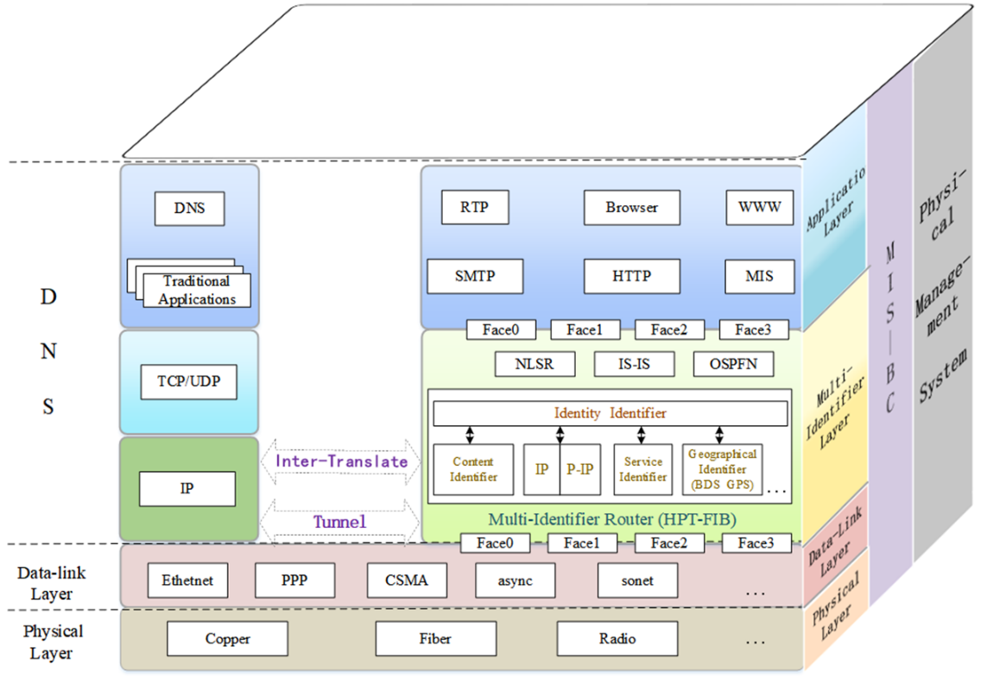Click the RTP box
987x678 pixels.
[474, 207]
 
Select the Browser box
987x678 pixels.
[631, 208]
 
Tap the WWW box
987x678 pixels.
[759, 208]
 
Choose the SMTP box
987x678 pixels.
[474, 277]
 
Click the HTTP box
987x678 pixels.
[631, 277]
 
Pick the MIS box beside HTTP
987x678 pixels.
[759, 277]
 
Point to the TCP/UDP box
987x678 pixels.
[188, 380]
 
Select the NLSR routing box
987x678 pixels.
[535, 364]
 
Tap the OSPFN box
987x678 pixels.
[733, 364]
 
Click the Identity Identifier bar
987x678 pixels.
[610, 413]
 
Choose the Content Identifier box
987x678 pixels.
[474, 469]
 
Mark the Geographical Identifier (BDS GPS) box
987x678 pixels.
[721, 469]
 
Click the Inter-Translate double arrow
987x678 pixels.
[341, 461]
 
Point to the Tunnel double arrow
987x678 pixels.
[341, 521]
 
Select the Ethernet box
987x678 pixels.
[187, 581]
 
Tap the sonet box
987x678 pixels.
[637, 581]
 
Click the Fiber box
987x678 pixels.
[435, 639]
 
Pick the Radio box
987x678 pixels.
[617, 639]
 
